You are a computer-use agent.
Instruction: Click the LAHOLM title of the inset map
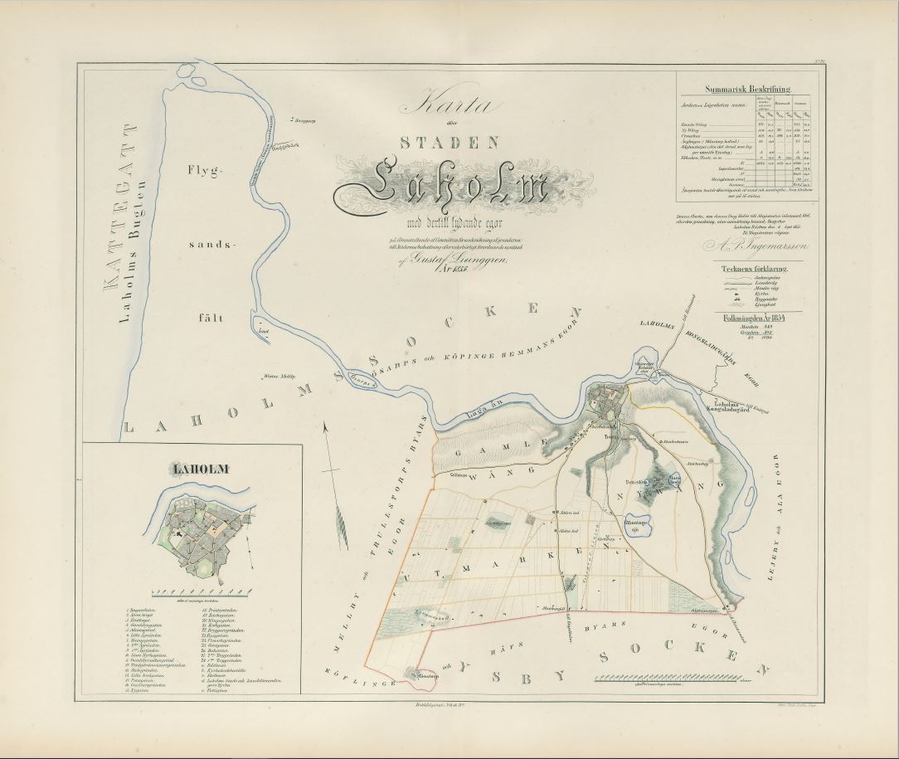coord(200,470)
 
